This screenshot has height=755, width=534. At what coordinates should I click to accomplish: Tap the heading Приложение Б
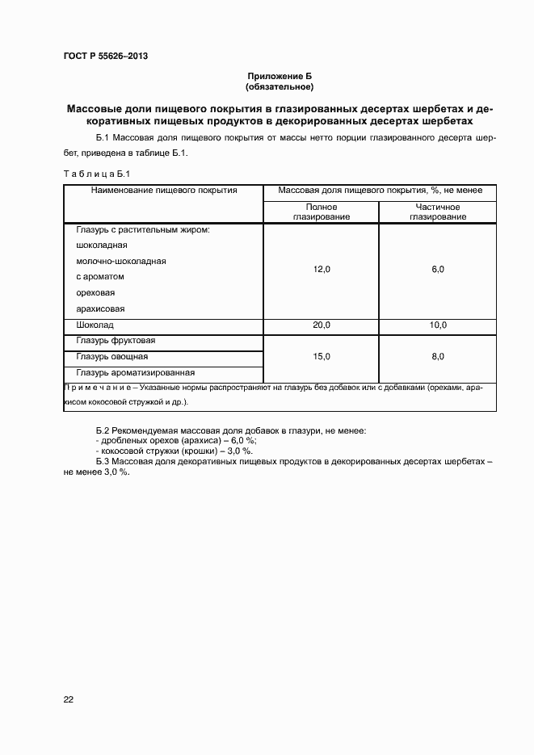279,75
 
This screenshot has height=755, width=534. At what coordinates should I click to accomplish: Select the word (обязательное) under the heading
279,86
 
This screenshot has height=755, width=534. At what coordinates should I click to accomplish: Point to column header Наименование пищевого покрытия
164,191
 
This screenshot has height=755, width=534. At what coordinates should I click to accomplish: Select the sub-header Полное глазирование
322,212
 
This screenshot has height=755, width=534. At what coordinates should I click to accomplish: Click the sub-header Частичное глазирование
437,212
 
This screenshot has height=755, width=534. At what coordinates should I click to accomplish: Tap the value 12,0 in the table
322,270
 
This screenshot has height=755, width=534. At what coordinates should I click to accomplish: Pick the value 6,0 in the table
437,270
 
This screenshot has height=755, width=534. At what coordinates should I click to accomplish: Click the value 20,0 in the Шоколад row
322,325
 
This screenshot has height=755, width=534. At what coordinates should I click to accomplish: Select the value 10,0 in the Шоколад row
437,325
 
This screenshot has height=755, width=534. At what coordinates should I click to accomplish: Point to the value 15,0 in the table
322,356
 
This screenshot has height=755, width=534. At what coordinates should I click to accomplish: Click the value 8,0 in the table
437,356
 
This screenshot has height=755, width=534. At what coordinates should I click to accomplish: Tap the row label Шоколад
95,325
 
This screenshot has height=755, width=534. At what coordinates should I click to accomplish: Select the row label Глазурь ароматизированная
136,372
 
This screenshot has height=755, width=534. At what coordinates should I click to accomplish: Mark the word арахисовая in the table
100,308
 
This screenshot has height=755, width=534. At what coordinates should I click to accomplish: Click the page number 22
69,699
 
